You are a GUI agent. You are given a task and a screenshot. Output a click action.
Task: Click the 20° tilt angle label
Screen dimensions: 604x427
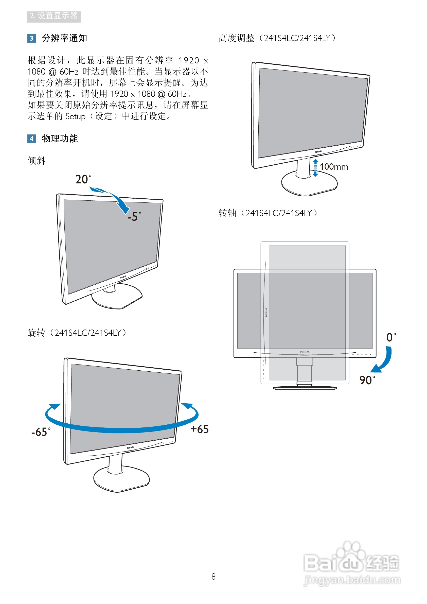(83, 179)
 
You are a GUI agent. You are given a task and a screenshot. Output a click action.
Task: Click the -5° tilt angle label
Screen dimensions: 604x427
(134, 216)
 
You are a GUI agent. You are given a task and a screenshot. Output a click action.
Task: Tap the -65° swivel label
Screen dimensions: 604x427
(41, 432)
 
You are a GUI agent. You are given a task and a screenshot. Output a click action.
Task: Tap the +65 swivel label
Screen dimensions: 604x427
(199, 429)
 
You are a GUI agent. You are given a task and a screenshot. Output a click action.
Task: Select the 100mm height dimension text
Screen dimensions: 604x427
(334, 167)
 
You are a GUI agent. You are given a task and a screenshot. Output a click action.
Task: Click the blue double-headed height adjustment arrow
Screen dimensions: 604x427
(315, 168)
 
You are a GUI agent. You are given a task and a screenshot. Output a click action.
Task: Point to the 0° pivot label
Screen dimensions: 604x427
(391, 337)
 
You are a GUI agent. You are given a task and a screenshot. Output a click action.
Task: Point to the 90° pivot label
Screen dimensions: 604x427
(367, 380)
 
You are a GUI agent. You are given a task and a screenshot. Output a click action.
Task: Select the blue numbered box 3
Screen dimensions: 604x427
(31, 38)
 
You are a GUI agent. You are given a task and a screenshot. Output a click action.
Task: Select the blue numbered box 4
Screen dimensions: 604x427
(31, 139)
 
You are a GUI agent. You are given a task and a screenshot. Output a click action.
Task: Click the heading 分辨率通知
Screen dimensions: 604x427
(64, 38)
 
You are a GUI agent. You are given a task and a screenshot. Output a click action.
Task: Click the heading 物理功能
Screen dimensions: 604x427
(60, 139)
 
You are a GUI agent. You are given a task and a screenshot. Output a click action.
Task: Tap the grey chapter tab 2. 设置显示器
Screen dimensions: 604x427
(54, 16)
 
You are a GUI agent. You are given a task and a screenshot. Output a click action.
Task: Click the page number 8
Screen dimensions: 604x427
(213, 577)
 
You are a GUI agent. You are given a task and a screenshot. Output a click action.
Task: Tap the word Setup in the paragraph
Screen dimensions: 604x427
(76, 116)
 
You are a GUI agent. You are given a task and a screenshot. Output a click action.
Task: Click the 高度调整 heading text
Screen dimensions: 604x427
(237, 38)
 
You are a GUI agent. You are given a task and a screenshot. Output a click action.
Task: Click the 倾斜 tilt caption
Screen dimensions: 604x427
(36, 161)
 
